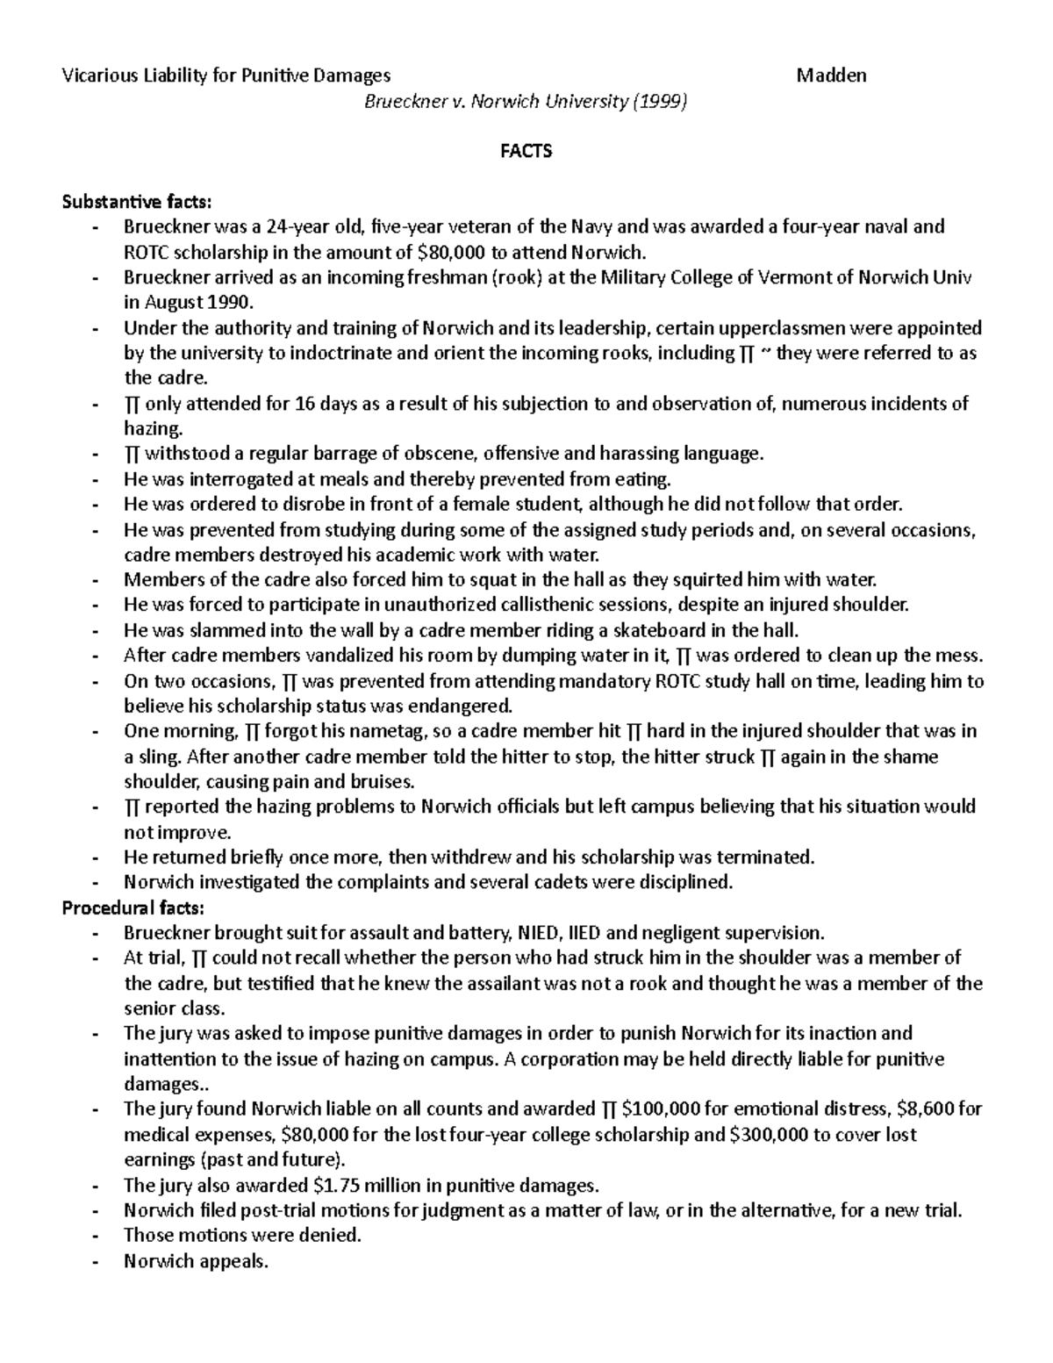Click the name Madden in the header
click(x=831, y=75)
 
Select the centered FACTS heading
click(x=526, y=152)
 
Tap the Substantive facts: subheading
click(x=137, y=203)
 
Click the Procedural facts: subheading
click(x=133, y=907)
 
